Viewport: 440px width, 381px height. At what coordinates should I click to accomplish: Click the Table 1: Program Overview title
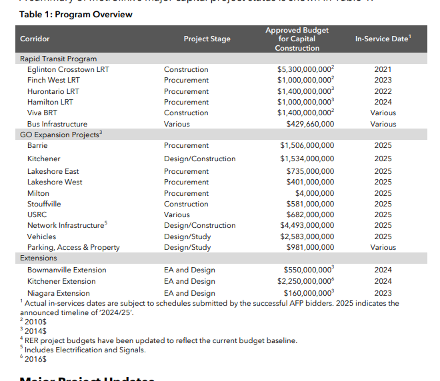[x=67, y=13]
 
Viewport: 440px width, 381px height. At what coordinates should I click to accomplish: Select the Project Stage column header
[x=207, y=39]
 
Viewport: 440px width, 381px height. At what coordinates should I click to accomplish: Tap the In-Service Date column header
[x=383, y=39]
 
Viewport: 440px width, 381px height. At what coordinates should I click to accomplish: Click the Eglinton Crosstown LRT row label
[x=68, y=69]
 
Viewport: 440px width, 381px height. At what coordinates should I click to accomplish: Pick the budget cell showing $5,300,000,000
[x=305, y=69]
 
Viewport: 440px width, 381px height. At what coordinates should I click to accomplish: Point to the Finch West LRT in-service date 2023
[x=383, y=80]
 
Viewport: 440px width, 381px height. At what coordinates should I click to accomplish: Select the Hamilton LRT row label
[x=50, y=102]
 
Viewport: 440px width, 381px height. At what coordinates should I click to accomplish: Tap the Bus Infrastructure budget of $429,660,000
[x=310, y=124]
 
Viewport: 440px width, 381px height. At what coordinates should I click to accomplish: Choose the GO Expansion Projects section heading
[x=62, y=135]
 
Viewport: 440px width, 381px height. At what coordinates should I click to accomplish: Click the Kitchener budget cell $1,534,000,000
[x=307, y=159]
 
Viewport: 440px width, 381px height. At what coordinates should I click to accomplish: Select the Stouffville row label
[x=44, y=204]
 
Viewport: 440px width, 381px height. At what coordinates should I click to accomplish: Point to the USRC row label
[x=37, y=214]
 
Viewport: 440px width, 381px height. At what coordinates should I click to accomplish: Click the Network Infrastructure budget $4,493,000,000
[x=307, y=225]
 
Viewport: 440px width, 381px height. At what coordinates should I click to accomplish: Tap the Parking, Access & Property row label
[x=73, y=247]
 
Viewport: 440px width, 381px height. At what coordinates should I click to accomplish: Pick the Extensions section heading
[x=39, y=258]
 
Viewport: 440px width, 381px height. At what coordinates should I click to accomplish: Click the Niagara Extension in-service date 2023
[x=383, y=293]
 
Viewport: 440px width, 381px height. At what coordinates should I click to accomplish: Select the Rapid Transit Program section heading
[x=59, y=59]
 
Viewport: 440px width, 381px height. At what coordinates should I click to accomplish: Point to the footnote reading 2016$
[x=35, y=358]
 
